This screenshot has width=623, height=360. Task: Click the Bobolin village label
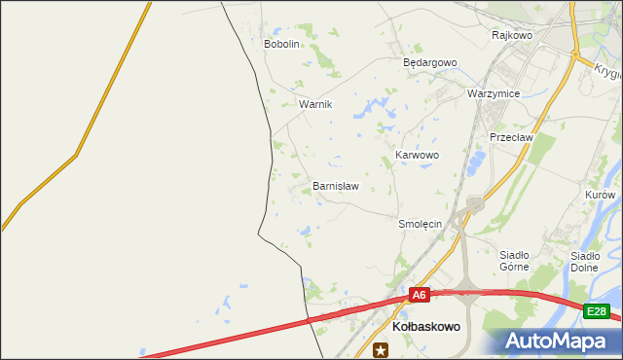(x=281, y=44)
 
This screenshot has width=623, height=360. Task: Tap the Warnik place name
(x=315, y=104)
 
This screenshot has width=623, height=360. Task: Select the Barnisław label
(x=335, y=185)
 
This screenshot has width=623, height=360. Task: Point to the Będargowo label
(x=430, y=62)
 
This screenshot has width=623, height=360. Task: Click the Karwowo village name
(x=418, y=155)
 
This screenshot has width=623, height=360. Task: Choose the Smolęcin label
(x=421, y=224)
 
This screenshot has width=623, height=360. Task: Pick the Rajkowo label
(x=512, y=35)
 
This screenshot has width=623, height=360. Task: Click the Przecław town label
(x=512, y=138)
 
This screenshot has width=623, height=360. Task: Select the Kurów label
(x=600, y=195)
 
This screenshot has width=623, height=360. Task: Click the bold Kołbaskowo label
(x=425, y=329)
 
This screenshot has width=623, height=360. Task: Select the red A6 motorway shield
(x=419, y=295)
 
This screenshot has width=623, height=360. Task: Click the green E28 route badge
(x=597, y=311)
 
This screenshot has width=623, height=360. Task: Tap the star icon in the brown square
(x=380, y=350)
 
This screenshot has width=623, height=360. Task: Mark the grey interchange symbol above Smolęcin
(x=475, y=203)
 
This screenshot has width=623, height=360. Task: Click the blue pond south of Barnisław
(x=306, y=232)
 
